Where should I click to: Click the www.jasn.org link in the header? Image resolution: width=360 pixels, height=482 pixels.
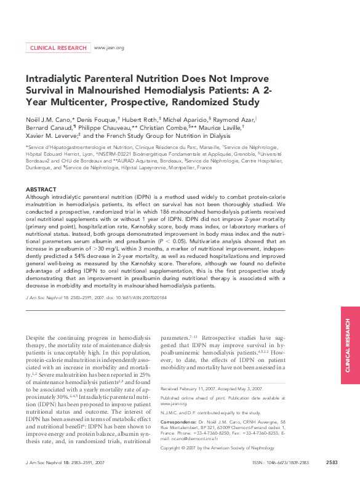coord(108,47)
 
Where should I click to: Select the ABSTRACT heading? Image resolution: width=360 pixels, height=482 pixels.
coord(42,189)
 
